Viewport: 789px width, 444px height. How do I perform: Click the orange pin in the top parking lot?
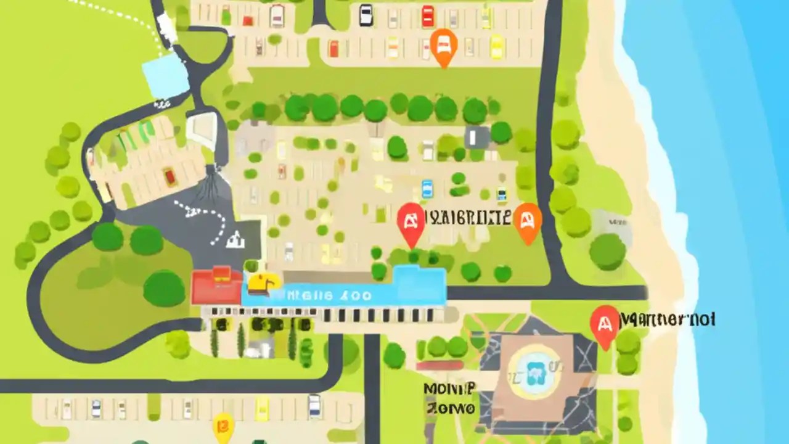point(444,44)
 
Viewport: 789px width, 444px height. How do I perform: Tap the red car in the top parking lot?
point(428,15)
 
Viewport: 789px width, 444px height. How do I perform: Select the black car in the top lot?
point(366,15)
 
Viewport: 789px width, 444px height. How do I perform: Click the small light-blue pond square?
point(165,78)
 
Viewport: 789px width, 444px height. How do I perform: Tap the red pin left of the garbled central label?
point(411,223)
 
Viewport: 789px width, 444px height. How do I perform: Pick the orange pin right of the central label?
point(528,221)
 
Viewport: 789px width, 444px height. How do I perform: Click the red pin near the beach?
point(604,325)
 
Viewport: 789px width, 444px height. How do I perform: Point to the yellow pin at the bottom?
point(223,426)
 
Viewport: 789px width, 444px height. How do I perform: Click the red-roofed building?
point(216,285)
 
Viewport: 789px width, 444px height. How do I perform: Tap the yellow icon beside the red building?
point(263,284)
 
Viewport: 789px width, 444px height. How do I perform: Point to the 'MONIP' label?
point(449,388)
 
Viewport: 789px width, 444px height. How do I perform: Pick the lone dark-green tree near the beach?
point(607,251)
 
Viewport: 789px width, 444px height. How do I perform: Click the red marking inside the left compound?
point(170,177)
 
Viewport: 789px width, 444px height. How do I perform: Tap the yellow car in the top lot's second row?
point(497,46)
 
